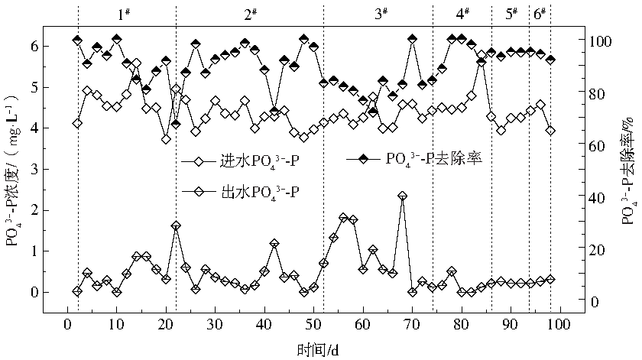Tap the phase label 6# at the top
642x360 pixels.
click(540, 15)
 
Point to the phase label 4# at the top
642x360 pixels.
click(463, 15)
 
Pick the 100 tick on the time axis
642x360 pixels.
click(559, 326)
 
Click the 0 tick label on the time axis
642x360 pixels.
click(67, 326)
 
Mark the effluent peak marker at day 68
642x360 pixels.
click(403, 196)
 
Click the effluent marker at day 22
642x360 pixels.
click(176, 226)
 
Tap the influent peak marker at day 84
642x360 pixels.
click(481, 62)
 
